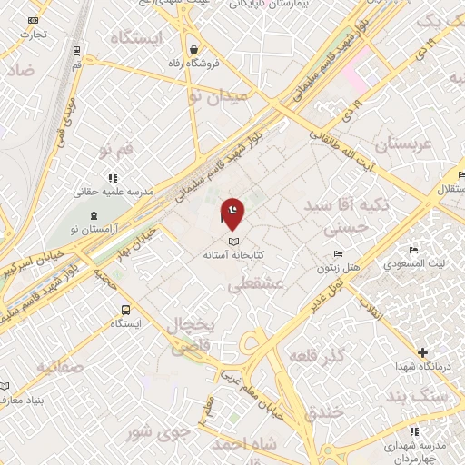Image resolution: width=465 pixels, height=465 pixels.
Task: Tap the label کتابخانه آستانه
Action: click(x=233, y=256)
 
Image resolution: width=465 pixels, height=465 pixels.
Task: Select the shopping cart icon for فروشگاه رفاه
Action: click(x=193, y=48)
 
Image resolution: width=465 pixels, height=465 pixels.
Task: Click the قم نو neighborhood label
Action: click(x=115, y=147)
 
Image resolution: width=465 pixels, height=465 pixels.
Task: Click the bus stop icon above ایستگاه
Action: click(x=124, y=309)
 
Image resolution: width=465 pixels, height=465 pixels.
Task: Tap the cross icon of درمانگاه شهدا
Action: click(x=421, y=351)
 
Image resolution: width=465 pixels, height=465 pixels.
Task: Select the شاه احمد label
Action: click(x=245, y=444)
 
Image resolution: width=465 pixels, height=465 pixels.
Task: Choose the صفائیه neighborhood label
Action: click(x=61, y=366)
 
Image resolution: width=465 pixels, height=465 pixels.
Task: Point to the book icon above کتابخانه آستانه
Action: click(x=234, y=242)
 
